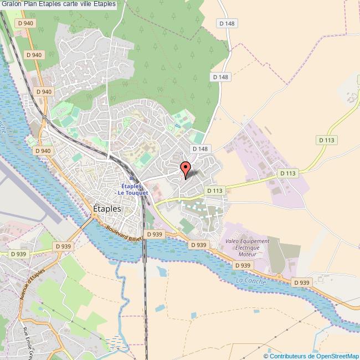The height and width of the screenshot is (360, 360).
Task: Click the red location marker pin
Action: [186, 169]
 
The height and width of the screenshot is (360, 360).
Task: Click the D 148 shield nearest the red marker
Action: [199, 149]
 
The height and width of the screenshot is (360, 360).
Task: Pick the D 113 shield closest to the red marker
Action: [214, 191]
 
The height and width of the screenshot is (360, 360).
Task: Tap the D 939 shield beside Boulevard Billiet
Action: [155, 234]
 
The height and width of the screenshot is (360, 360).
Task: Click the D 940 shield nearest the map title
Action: [25, 23]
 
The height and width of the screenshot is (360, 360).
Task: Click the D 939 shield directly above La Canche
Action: [243, 266]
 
